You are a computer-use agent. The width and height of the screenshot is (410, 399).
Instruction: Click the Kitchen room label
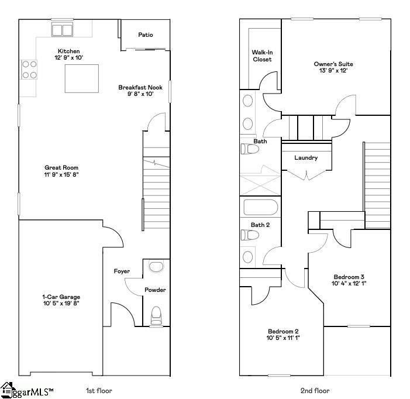click(x=68, y=51)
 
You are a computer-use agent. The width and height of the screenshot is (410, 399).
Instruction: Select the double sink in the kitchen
click(x=63, y=30)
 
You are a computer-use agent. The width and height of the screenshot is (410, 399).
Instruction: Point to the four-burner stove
click(x=29, y=70)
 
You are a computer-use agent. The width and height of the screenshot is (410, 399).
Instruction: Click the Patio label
click(x=146, y=35)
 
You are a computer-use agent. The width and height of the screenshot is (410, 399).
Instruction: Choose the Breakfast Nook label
click(x=140, y=87)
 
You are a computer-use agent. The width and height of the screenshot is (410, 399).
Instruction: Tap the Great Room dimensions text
click(x=61, y=174)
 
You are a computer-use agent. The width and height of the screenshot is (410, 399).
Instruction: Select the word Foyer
click(x=122, y=271)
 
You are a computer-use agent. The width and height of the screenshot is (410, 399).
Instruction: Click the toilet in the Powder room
click(x=156, y=315)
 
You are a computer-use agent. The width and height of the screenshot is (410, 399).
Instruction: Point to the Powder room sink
click(x=156, y=267)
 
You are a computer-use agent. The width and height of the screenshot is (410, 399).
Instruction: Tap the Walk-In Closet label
click(x=262, y=56)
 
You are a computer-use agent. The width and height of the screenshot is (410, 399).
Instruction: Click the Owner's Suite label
click(x=333, y=64)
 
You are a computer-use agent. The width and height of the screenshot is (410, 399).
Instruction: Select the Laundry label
click(x=306, y=157)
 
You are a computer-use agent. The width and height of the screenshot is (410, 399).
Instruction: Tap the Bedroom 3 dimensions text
click(x=350, y=283)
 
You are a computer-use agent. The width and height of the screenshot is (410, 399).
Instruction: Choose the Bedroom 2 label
click(x=283, y=331)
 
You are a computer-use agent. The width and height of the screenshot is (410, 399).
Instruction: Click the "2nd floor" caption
click(x=315, y=391)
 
